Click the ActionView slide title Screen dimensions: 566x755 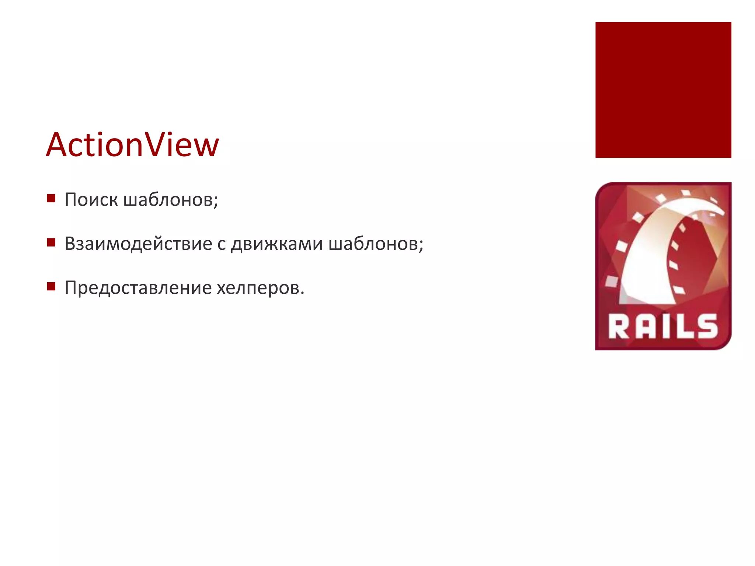coord(132,145)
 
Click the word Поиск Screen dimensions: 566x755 coord(91,200)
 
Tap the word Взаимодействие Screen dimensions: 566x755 coord(138,244)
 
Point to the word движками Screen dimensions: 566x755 coord(276,244)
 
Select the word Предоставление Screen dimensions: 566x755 coord(138,288)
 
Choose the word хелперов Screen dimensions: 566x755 coord(260,288)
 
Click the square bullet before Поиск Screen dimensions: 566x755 coord(51,199)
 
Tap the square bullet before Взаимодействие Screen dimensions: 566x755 coord(51,242)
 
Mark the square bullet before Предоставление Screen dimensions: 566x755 coord(51,287)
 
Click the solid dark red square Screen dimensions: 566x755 coord(663,90)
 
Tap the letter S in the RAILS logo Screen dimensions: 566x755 coord(706,327)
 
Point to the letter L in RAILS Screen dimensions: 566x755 coord(684,327)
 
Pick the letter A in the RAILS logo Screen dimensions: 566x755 coord(643,327)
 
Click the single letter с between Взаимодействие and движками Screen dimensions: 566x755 coord(221,244)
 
